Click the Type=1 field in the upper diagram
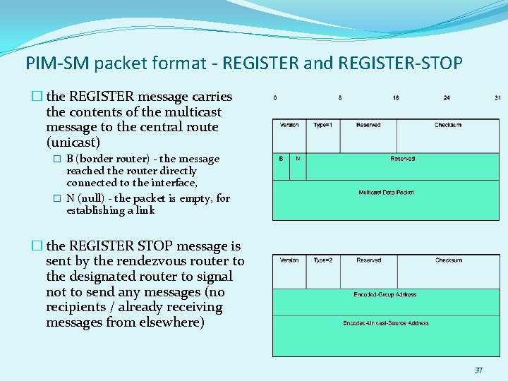[x=323, y=126]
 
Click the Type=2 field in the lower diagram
[x=323, y=260]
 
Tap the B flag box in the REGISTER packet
[x=281, y=159]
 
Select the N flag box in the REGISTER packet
[x=298, y=159]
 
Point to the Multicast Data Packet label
[x=386, y=192]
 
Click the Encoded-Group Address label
[x=385, y=295]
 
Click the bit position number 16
[x=396, y=97]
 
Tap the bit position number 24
[x=447, y=97]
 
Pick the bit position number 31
[x=497, y=97]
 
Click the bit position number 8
[x=340, y=97]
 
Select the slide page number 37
[x=478, y=370]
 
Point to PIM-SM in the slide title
[x=56, y=64]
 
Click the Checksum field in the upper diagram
[x=447, y=126]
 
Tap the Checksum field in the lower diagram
[x=448, y=260]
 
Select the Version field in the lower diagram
[x=289, y=260]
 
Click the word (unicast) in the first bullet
[x=73, y=143]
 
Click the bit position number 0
[x=275, y=97]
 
